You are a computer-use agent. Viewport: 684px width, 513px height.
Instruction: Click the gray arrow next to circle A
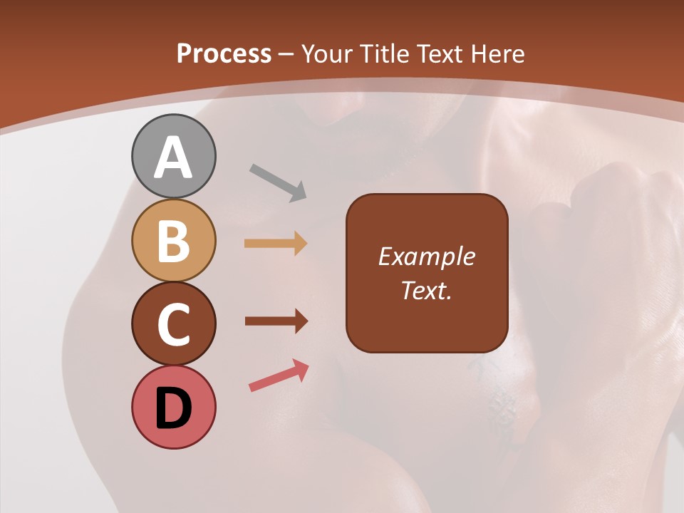(x=278, y=182)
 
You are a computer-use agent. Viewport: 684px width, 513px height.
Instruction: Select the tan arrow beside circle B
(x=276, y=244)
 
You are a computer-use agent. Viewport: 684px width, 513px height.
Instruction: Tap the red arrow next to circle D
(x=279, y=376)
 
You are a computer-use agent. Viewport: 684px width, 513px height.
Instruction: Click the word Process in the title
(x=224, y=53)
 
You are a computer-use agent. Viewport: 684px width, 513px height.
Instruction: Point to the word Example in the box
(x=426, y=256)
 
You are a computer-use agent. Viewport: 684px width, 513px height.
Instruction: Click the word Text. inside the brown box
(x=426, y=291)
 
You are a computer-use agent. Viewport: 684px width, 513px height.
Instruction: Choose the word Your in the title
(x=326, y=53)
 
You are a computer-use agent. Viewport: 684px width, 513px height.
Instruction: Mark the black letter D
(x=173, y=409)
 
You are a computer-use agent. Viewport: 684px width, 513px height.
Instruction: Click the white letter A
(x=173, y=157)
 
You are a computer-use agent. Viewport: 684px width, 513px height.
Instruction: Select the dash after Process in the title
(x=286, y=54)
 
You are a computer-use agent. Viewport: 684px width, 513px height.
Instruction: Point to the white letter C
(x=173, y=324)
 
